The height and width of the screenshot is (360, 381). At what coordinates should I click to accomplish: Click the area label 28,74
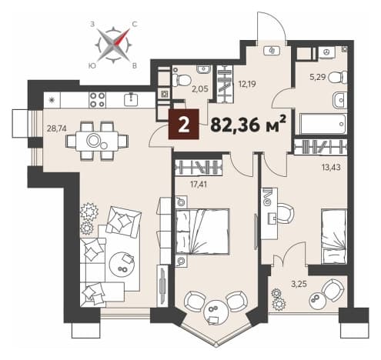coord(56,128)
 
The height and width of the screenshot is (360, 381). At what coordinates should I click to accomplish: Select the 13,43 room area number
coord(331,168)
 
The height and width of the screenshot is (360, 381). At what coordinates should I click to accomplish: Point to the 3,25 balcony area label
coord(299,285)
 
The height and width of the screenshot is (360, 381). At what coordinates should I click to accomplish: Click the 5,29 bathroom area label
coord(317,77)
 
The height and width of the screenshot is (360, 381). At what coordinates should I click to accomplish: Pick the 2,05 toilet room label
coord(200,88)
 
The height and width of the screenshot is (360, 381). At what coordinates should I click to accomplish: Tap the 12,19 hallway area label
coord(247,84)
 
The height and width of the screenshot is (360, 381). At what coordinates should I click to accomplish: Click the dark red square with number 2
coord(183,124)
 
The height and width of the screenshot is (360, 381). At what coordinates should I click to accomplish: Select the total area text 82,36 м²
coord(248,125)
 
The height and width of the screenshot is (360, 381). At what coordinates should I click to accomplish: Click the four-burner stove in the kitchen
coord(98,100)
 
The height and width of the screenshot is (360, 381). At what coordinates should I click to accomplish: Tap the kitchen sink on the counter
coord(132,99)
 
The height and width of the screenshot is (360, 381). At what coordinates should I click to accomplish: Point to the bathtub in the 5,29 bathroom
coord(323,124)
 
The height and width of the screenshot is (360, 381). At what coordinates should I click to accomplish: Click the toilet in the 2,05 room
coord(182,80)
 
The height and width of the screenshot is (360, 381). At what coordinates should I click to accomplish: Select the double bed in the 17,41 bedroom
coord(202,232)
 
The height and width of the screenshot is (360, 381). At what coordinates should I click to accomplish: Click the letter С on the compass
coord(135,24)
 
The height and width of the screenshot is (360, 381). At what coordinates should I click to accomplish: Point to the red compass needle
coord(122,37)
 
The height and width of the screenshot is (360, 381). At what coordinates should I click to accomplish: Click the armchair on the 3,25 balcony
coord(333,290)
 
